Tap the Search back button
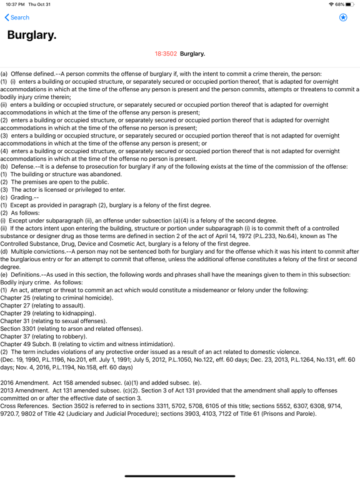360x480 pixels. (17, 17)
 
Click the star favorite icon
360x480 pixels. (343, 17)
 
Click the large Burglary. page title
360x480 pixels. (32, 36)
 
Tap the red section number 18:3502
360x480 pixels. (166, 54)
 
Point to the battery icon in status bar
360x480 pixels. (349, 4)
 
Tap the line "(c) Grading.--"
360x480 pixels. (22, 197)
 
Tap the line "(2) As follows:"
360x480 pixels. (23, 212)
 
